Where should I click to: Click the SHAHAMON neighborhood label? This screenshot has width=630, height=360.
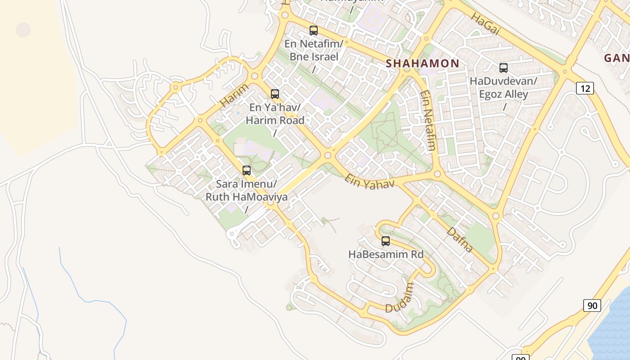[423, 63]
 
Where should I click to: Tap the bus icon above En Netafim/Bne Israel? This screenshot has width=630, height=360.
[314, 31]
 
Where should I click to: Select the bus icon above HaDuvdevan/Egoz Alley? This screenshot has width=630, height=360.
[504, 68]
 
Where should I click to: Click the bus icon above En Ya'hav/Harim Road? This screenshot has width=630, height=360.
[275, 94]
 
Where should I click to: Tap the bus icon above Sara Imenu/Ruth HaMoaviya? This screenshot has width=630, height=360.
[247, 171]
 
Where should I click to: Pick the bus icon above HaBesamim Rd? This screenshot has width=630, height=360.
[386, 241]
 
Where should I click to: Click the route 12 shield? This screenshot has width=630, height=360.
[585, 88]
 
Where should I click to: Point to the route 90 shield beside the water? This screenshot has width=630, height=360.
[592, 306]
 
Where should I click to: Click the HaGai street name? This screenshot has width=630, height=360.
[486, 23]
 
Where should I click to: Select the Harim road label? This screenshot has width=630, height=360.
[234, 95]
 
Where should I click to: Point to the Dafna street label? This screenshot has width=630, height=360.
[459, 240]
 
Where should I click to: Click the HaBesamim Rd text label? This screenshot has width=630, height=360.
[386, 254]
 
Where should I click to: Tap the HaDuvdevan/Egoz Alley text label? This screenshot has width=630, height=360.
[504, 88]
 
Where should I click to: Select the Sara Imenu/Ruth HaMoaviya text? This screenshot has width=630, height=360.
[247, 190]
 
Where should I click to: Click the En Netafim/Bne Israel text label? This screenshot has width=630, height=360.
[314, 50]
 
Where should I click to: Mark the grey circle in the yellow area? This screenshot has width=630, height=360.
[23, 30]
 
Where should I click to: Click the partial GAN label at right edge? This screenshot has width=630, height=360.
[616, 58]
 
